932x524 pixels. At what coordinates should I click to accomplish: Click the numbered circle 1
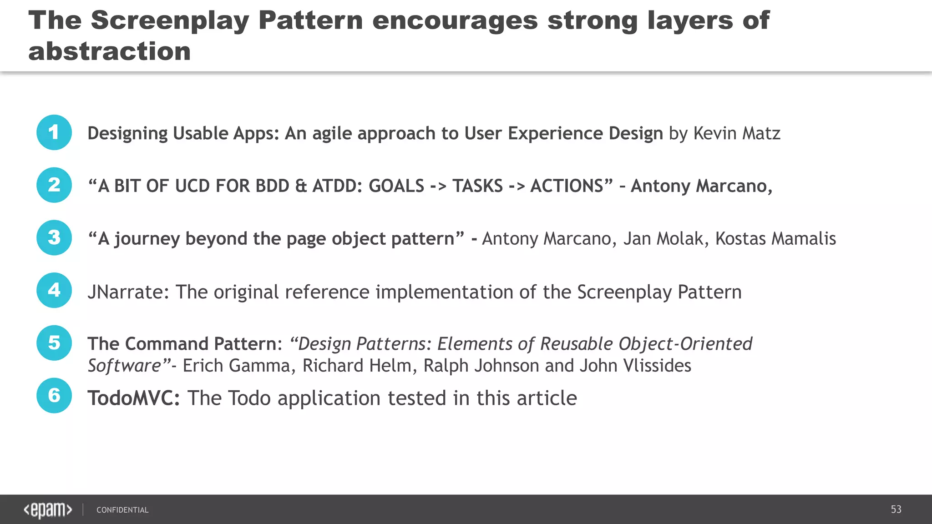(54, 132)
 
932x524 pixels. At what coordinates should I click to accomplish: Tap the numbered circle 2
(54, 185)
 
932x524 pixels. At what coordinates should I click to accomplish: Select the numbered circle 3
(54, 238)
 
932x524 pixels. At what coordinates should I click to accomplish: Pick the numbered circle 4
(54, 290)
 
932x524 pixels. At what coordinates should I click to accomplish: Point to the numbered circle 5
(54, 343)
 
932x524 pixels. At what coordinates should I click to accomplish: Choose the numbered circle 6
(54, 396)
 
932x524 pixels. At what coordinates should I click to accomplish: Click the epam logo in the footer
(48, 510)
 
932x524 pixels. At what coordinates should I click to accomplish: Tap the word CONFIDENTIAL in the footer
(122, 510)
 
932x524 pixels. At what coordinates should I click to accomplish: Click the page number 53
(896, 509)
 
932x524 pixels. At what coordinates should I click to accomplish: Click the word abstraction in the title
(110, 51)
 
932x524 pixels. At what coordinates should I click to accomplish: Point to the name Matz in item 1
(761, 133)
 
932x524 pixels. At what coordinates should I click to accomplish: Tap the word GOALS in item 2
(396, 186)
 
